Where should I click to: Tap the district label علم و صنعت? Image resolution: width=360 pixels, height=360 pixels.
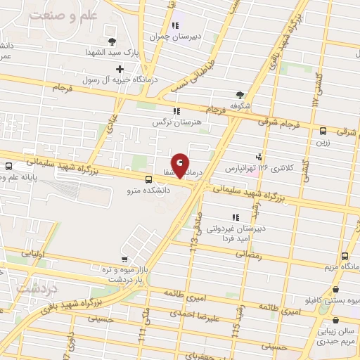pyautogui.click(x=41, y=15)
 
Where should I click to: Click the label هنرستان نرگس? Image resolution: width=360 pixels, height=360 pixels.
pyautogui.click(x=177, y=122)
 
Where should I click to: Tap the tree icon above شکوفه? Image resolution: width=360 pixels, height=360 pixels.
pyautogui.click(x=242, y=95)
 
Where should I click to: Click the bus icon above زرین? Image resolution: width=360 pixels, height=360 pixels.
pyautogui.click(x=323, y=130)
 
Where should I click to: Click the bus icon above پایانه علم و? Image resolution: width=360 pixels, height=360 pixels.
pyautogui.click(x=8, y=167)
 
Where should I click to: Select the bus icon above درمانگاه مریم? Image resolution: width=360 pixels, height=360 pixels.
pyautogui.click(x=345, y=257)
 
